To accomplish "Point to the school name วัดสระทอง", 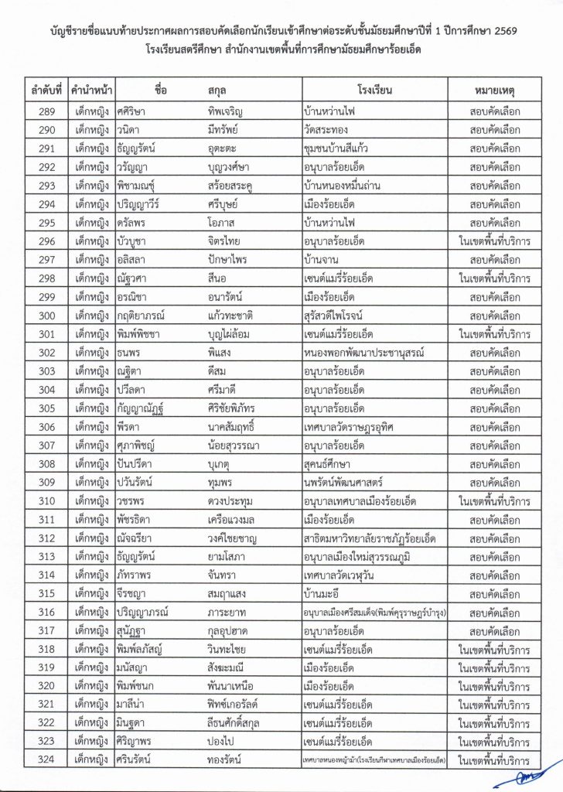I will click(x=333, y=130).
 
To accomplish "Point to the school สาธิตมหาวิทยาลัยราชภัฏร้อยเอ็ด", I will click(x=371, y=538).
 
